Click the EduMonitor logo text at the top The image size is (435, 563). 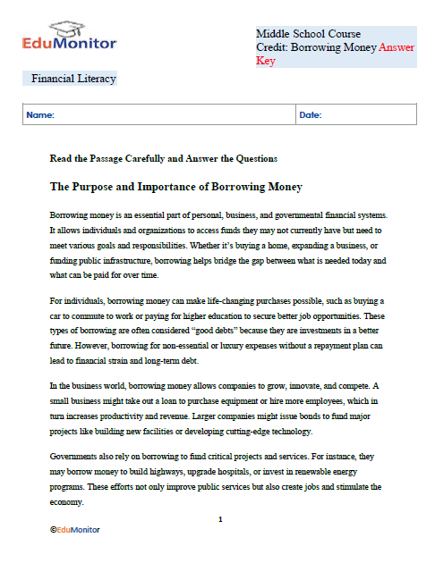click(x=71, y=42)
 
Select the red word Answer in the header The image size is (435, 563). click(x=397, y=47)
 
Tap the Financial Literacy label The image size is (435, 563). click(x=73, y=79)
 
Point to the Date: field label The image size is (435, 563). click(x=310, y=115)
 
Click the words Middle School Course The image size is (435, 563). click(x=308, y=34)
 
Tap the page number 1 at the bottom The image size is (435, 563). click(x=220, y=519)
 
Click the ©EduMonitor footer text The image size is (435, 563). click(x=75, y=530)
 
